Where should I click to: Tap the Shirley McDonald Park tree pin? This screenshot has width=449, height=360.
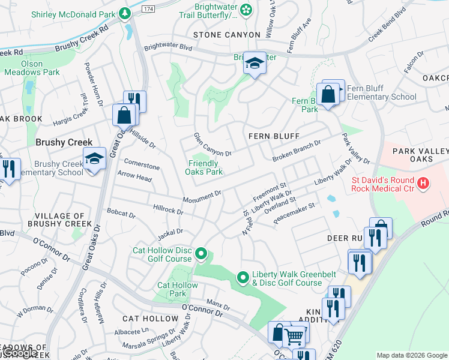124,13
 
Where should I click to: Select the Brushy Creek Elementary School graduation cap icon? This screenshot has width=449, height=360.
94,159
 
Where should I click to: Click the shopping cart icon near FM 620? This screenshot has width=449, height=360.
294,337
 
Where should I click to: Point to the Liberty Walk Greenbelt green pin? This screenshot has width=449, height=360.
243,277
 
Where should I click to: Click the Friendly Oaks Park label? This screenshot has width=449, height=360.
206,167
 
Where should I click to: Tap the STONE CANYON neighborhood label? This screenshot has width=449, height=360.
226,35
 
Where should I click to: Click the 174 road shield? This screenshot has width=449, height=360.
148,8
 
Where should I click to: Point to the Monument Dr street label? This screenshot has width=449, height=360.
202,196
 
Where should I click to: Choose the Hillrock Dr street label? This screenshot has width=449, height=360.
168,211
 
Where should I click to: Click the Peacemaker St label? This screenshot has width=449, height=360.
294,214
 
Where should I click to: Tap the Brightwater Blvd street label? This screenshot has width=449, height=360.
167,46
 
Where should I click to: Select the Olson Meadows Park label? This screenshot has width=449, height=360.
32,68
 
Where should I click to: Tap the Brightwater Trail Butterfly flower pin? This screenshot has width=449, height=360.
246,9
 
